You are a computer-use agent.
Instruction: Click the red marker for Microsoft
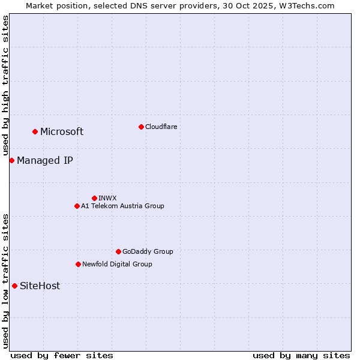coord(35,131)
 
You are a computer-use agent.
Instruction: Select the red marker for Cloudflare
coord(141,127)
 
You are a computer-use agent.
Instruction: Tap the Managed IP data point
coord(11,160)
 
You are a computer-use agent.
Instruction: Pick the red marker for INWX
coord(94,198)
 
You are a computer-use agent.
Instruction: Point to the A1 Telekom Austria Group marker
coord(77,206)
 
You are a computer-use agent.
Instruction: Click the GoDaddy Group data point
coord(118,251)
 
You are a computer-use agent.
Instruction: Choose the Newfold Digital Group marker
coord(78,264)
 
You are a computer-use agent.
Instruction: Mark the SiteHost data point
coord(14,286)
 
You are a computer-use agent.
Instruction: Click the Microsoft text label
coord(62,132)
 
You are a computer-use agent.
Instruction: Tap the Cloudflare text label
coord(161,127)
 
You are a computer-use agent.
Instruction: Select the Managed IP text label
coord(45,161)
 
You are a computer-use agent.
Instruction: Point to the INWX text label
coord(107,198)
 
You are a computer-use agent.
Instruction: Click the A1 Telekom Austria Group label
coord(122,206)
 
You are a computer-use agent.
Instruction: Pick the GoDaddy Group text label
coord(148,251)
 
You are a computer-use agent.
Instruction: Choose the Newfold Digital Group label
coord(117,264)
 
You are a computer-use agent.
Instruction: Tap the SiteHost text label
coord(40,286)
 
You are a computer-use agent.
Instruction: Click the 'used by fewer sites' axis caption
coord(62,355)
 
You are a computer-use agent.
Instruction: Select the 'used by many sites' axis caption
coord(301,355)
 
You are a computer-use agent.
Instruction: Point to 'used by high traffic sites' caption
coord(5,86)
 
